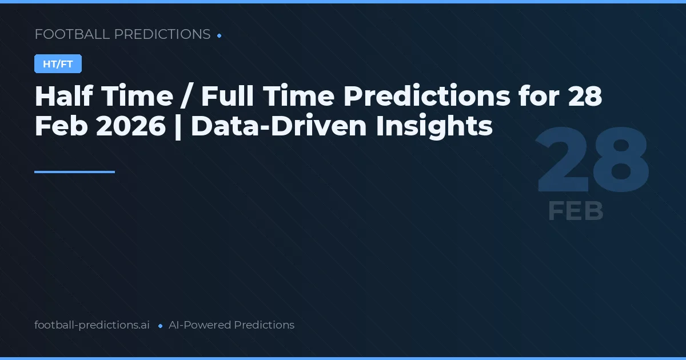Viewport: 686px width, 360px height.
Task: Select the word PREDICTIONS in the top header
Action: pyautogui.click(x=162, y=34)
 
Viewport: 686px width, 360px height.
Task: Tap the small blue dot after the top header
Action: pyautogui.click(x=220, y=35)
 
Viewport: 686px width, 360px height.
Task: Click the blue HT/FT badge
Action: pyautogui.click(x=58, y=64)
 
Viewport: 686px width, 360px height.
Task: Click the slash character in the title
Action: pyautogui.click(x=186, y=97)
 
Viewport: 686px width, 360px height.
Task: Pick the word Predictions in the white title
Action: pyautogui.click(x=426, y=97)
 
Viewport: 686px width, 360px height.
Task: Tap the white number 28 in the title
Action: pyautogui.click(x=585, y=97)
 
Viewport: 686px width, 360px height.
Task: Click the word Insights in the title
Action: pyautogui.click(x=434, y=127)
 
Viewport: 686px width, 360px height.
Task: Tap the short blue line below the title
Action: pyautogui.click(x=74, y=171)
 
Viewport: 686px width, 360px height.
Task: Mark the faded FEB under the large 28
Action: pyautogui.click(x=576, y=211)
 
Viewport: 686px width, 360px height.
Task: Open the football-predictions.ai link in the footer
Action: pyautogui.click(x=92, y=325)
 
